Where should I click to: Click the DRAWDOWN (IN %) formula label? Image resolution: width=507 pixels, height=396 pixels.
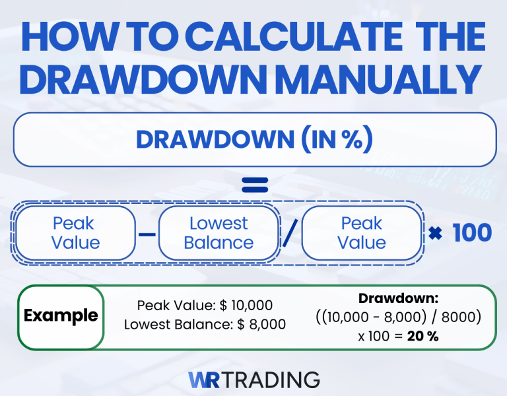[x=254, y=139]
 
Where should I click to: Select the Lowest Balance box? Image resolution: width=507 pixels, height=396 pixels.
[x=219, y=233]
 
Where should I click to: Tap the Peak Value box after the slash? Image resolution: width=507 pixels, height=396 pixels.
[x=361, y=233]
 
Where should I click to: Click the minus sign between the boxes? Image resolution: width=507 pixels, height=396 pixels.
[x=147, y=234]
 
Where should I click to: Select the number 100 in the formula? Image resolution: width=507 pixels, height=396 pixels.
[x=471, y=233]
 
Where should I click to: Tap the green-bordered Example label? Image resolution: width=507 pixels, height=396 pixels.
[x=61, y=315]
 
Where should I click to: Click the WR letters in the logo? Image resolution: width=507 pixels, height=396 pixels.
[x=199, y=380]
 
